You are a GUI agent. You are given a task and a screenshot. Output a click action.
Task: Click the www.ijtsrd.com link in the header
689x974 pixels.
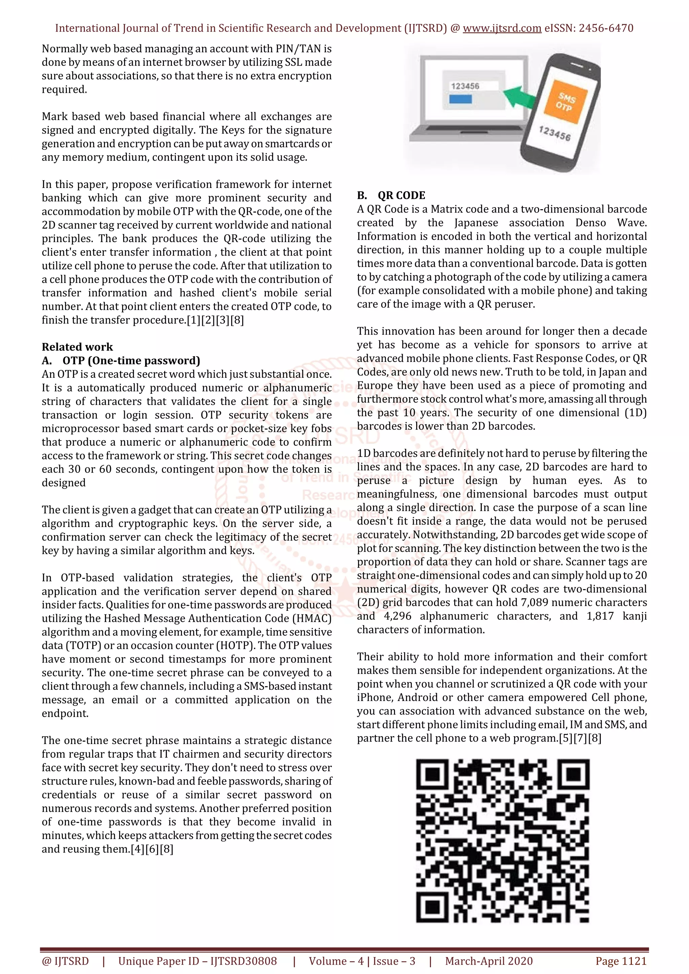point(502,29)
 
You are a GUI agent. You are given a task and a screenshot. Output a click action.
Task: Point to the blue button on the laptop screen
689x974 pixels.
point(460,99)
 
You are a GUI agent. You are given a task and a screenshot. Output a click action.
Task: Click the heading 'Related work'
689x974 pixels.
point(77,347)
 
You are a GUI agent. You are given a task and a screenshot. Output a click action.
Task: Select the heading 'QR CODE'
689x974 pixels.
point(401,195)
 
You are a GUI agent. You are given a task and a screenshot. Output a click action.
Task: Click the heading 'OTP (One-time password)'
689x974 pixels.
point(131,361)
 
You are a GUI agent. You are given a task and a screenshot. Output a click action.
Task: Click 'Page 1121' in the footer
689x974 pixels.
point(621,961)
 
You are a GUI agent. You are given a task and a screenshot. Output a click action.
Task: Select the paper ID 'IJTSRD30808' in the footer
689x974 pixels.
point(244,961)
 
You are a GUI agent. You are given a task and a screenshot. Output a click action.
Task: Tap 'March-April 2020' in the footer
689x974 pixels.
point(489,961)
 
